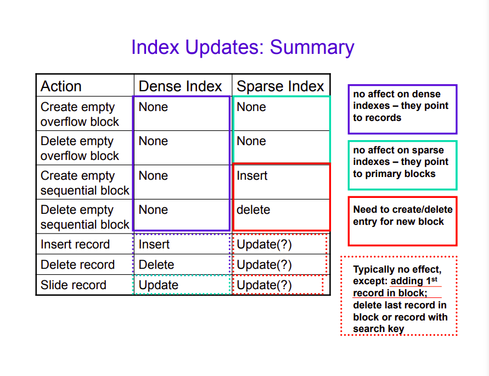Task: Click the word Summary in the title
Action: [x=312, y=48]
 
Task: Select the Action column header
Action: [x=61, y=86]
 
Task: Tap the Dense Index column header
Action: [x=180, y=86]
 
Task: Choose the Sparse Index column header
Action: [x=280, y=86]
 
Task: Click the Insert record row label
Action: [x=75, y=244]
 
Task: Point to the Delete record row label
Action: [x=77, y=264]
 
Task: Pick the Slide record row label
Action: [x=74, y=285]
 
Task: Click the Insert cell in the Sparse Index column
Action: [x=252, y=175]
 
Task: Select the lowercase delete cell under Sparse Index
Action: [x=253, y=209]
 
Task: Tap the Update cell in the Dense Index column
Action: [x=159, y=285]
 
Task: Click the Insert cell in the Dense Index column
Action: [x=154, y=244]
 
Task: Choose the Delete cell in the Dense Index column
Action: [x=156, y=264]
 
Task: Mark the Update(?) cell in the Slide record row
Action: [x=264, y=285]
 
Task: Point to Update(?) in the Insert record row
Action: [x=264, y=245]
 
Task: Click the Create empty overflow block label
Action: [x=80, y=114]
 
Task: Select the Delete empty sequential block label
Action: [x=85, y=217]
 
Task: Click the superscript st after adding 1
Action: [x=435, y=279]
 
